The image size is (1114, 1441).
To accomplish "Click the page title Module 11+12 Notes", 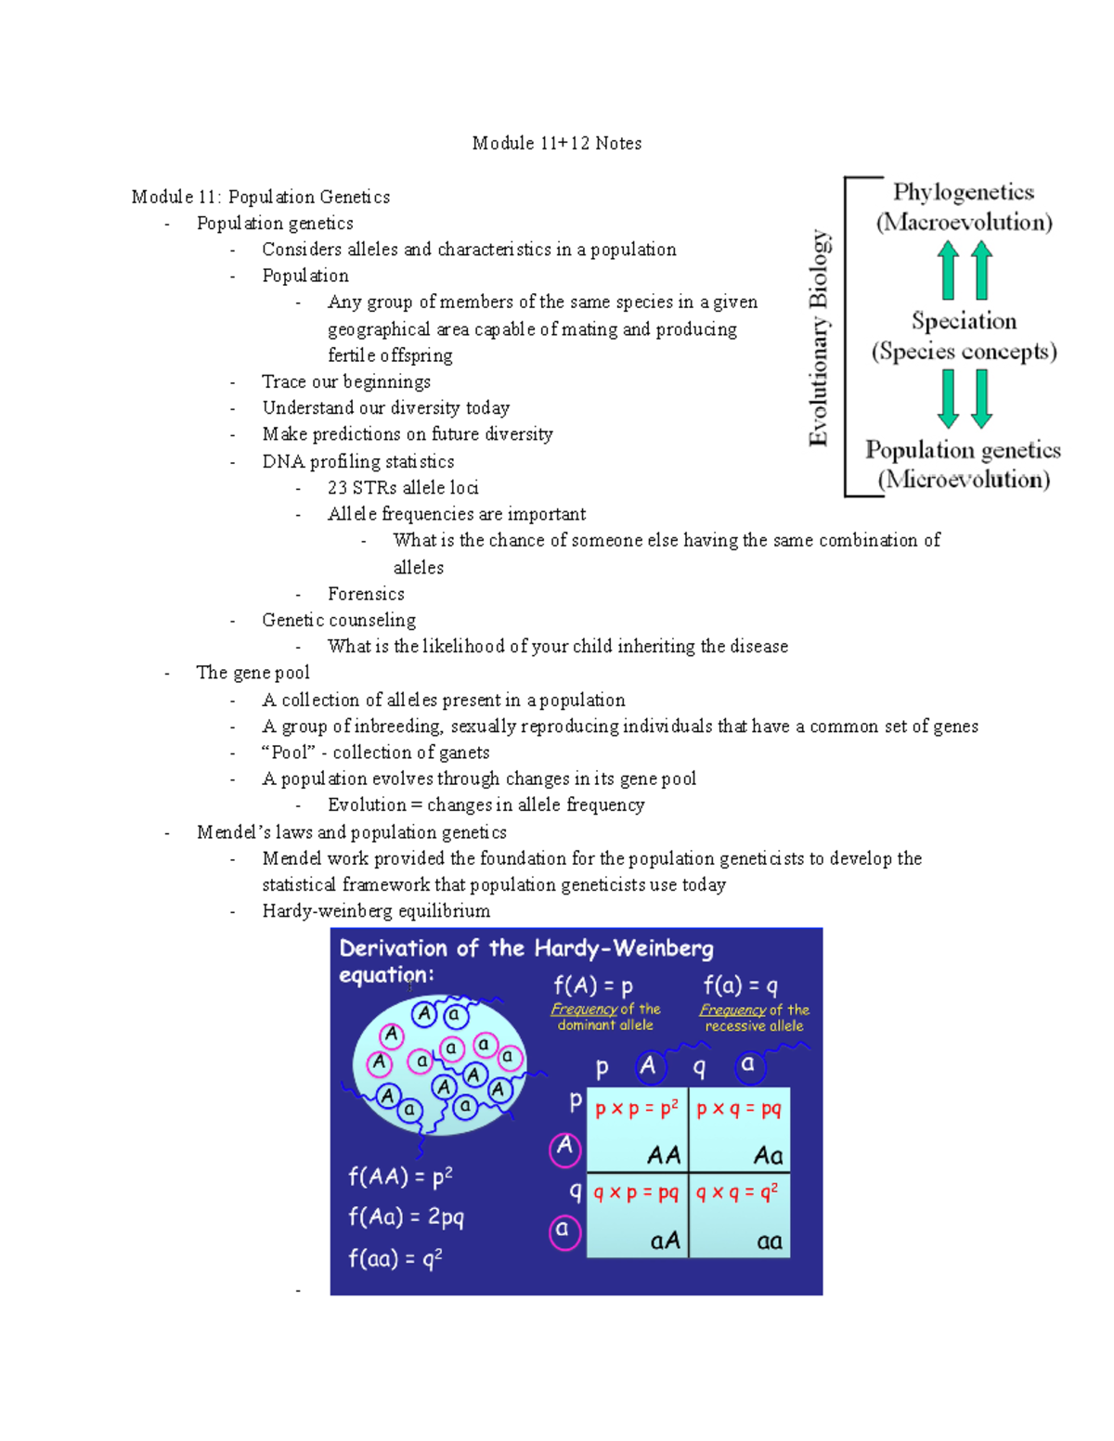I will pyautogui.click(x=556, y=143).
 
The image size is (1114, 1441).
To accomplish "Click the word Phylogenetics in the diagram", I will pyautogui.click(x=963, y=192).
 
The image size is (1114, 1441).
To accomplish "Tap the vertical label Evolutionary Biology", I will pyautogui.click(x=818, y=338).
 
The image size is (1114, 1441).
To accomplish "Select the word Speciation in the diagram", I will pyautogui.click(x=964, y=321).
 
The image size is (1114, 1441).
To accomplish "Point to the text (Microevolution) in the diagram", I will pyautogui.click(x=964, y=480).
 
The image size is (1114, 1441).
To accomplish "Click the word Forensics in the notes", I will pyautogui.click(x=366, y=594).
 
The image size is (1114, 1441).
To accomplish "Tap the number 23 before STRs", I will pyautogui.click(x=337, y=488).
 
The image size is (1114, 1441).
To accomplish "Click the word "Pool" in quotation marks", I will pyautogui.click(x=289, y=753).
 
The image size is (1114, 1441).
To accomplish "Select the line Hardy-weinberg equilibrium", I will pyautogui.click(x=376, y=911).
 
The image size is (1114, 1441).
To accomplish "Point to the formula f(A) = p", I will pyautogui.click(x=593, y=985).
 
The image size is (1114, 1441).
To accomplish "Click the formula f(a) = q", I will pyautogui.click(x=740, y=985).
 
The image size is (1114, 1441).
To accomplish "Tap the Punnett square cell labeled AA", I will pyautogui.click(x=638, y=1130).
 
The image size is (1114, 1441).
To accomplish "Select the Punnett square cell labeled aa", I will pyautogui.click(x=740, y=1216).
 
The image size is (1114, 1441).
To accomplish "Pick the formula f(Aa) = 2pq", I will pyautogui.click(x=406, y=1217).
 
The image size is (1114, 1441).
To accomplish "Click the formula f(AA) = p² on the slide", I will pyautogui.click(x=400, y=1177).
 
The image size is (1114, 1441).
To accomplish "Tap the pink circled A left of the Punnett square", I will pyautogui.click(x=564, y=1148).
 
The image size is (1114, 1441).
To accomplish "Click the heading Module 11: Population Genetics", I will pyautogui.click(x=260, y=197).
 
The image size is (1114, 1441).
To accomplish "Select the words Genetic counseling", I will pyautogui.click(x=339, y=620).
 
